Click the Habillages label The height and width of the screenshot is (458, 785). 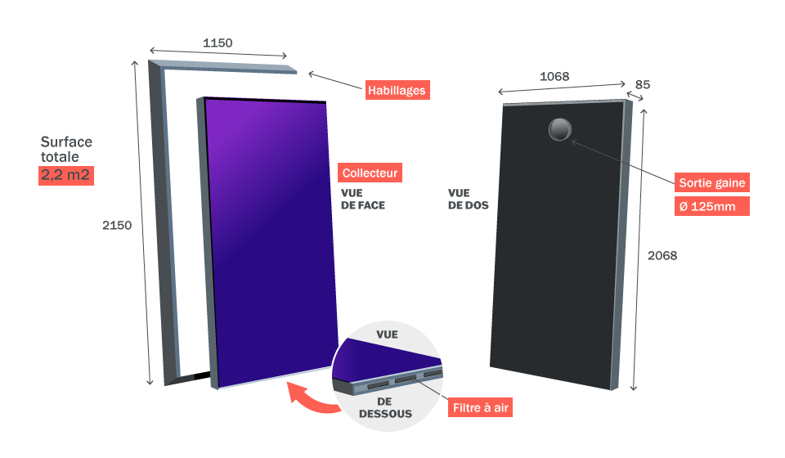point(397,90)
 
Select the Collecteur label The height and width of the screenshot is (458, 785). point(370,173)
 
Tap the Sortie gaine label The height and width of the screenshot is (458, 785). point(711,182)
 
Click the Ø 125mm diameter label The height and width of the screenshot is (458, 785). point(711,206)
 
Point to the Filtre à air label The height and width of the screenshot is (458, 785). point(481,406)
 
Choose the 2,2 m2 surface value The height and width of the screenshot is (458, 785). point(66,175)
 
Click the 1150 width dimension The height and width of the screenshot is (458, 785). point(218,43)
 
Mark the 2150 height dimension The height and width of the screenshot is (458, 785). point(117,226)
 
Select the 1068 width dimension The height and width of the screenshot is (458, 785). point(554,76)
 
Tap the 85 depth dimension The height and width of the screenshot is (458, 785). point(643,84)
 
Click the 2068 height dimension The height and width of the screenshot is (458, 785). point(662,255)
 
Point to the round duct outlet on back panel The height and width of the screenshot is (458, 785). point(561,129)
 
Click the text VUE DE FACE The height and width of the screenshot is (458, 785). point(363,200)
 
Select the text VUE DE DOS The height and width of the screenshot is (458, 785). point(468,200)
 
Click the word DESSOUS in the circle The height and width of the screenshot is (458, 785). point(385,414)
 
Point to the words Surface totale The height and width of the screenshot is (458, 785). point(66,149)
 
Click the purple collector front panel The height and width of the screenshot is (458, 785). point(270,237)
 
